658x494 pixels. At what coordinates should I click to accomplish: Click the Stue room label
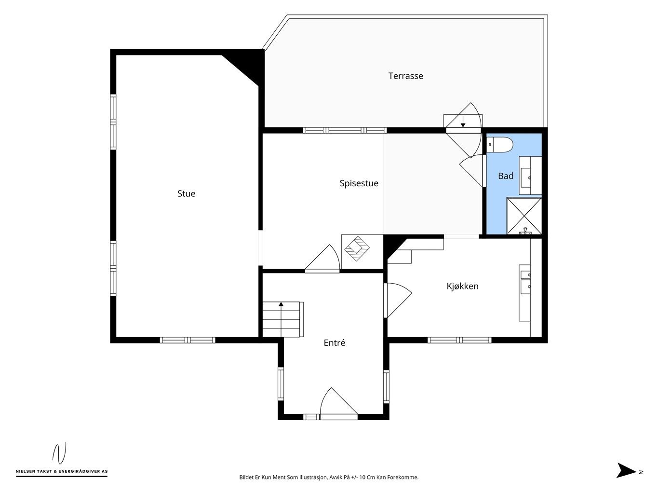click(x=186, y=194)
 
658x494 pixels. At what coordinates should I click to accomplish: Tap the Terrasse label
click(x=405, y=76)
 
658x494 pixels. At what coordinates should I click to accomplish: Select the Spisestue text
click(x=359, y=183)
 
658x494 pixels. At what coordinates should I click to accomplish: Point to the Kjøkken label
click(x=462, y=286)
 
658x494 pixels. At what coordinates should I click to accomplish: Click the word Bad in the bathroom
click(x=506, y=176)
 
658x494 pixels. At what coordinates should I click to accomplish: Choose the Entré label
click(x=334, y=343)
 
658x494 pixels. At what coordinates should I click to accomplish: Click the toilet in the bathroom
click(x=500, y=145)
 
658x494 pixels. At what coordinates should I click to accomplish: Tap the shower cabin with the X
click(x=524, y=216)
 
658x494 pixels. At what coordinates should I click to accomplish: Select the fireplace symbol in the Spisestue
click(x=357, y=248)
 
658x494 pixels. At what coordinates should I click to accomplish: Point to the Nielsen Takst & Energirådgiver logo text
click(x=62, y=471)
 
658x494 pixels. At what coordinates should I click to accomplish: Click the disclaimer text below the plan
click(x=329, y=477)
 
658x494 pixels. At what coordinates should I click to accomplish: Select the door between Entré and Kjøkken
click(x=397, y=300)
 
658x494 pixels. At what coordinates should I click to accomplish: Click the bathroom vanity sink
click(x=526, y=177)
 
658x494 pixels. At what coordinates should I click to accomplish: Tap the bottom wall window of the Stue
click(x=188, y=340)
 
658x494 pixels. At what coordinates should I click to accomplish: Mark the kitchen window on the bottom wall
click(x=459, y=340)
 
